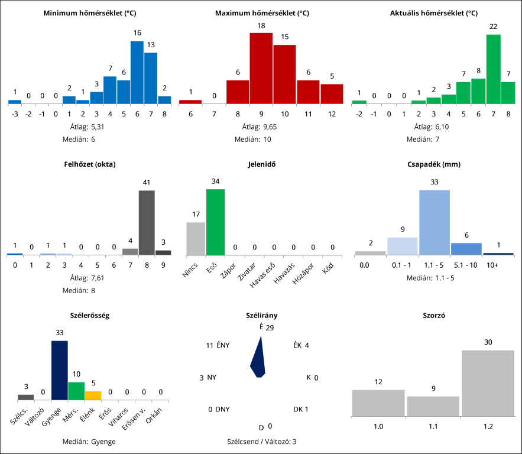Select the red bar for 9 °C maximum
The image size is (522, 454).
pyautogui.click(x=261, y=68)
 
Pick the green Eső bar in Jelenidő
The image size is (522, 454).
pyautogui.click(x=215, y=222)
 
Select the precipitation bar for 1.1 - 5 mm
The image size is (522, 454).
pyautogui.click(x=435, y=222)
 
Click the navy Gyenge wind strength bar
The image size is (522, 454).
pyautogui.click(x=60, y=371)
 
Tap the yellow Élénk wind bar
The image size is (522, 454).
pyautogui.click(x=93, y=395)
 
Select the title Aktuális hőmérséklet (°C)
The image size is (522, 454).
pyautogui.click(x=434, y=13)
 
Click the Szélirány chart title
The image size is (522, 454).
pyautogui.click(x=261, y=316)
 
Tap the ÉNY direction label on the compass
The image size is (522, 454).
pyautogui.click(x=223, y=345)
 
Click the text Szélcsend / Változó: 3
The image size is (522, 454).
pyautogui.click(x=261, y=441)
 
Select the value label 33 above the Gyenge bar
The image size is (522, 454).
pyautogui.click(x=60, y=333)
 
